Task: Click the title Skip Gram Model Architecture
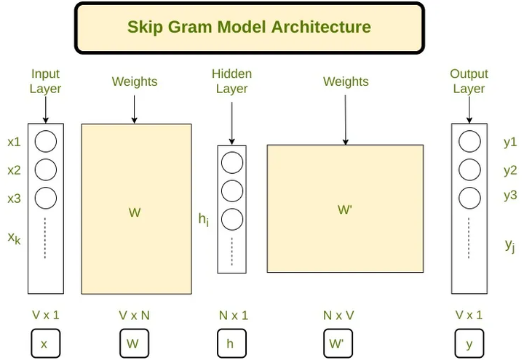click(249, 28)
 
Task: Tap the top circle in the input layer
click(45, 141)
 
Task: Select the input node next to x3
click(45, 197)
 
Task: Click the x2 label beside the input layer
click(14, 170)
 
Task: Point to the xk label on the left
click(14, 237)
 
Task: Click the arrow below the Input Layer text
click(45, 110)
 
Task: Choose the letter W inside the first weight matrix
click(135, 213)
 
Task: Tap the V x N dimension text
click(135, 316)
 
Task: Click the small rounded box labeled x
click(44, 343)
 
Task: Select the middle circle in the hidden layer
click(231, 191)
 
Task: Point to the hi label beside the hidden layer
click(204, 219)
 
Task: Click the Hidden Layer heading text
click(231, 81)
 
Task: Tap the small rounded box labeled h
click(231, 343)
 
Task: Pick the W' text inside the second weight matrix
click(345, 210)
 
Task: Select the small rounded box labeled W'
click(337, 343)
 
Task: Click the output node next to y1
click(469, 141)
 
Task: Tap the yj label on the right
click(510, 246)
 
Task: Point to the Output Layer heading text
click(469, 81)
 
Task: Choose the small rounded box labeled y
click(469, 343)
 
